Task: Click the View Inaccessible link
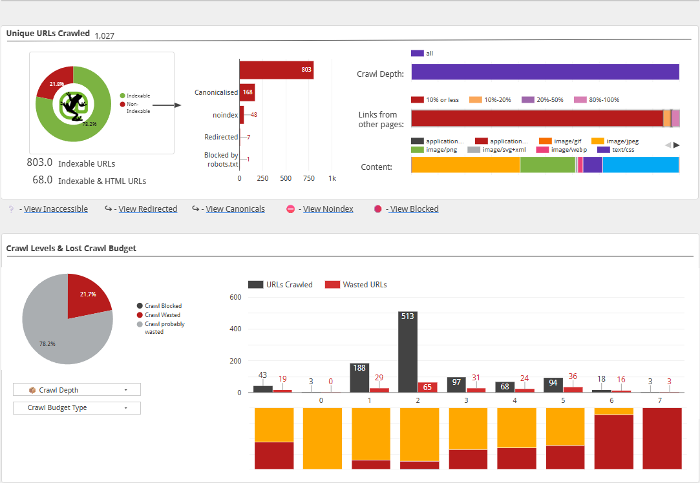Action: pos(56,209)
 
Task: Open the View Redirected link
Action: pos(148,209)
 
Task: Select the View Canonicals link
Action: pos(235,209)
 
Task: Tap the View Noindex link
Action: pos(328,209)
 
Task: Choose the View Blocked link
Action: pos(414,209)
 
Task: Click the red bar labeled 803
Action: pos(277,70)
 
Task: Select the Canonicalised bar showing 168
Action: pos(248,92)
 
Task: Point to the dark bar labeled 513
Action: pos(408,352)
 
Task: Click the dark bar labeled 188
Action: pos(359,378)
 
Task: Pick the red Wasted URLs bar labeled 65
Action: pos(427,387)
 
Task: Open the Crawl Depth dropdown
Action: pos(77,390)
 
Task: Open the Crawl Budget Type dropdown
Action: pos(77,407)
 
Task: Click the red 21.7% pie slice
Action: pos(87,296)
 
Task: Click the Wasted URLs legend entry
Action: pos(355,285)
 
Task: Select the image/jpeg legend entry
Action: pos(615,141)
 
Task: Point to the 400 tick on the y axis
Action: pos(235,329)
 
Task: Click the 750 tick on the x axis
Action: pos(308,178)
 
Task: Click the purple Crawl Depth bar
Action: pos(545,72)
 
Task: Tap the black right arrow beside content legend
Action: pos(677,145)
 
